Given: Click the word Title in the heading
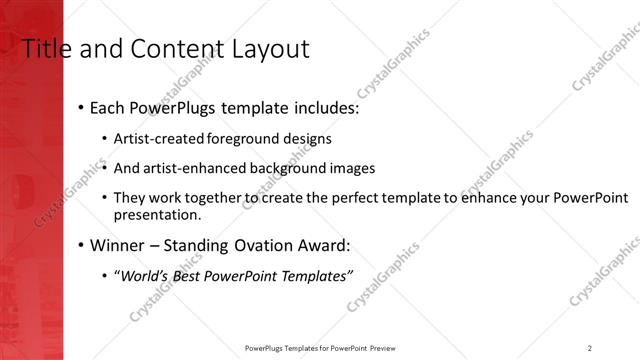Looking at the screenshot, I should coord(47,48).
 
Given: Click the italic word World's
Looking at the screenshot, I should coord(144,275).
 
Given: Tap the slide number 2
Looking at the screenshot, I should coord(590,348).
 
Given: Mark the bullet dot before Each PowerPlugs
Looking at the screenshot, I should coord(80,108).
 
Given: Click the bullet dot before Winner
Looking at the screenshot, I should coord(80,245).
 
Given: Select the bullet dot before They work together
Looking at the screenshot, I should coord(105,199).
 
